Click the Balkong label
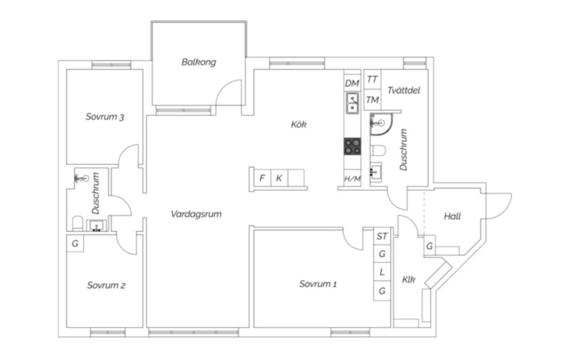pos(199,62)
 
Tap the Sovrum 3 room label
pos(105,117)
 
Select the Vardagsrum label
pos(196,214)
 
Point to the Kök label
pos(299,124)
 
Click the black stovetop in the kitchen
pos(352,147)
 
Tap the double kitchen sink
pos(352,103)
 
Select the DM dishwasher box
pos(352,83)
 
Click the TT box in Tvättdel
pos(372,79)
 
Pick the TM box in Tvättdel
pos(372,99)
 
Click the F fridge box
pos(262,178)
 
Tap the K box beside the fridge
pos(279,178)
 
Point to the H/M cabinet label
pos(352,179)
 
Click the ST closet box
pos(382,236)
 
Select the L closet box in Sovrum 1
pos(382,272)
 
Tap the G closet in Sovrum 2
pos(75,243)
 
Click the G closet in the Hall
pos(429,246)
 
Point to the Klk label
pos(408,279)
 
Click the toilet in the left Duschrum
pos(78,223)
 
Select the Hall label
pos(453,216)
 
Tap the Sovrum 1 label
pos(318,284)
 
